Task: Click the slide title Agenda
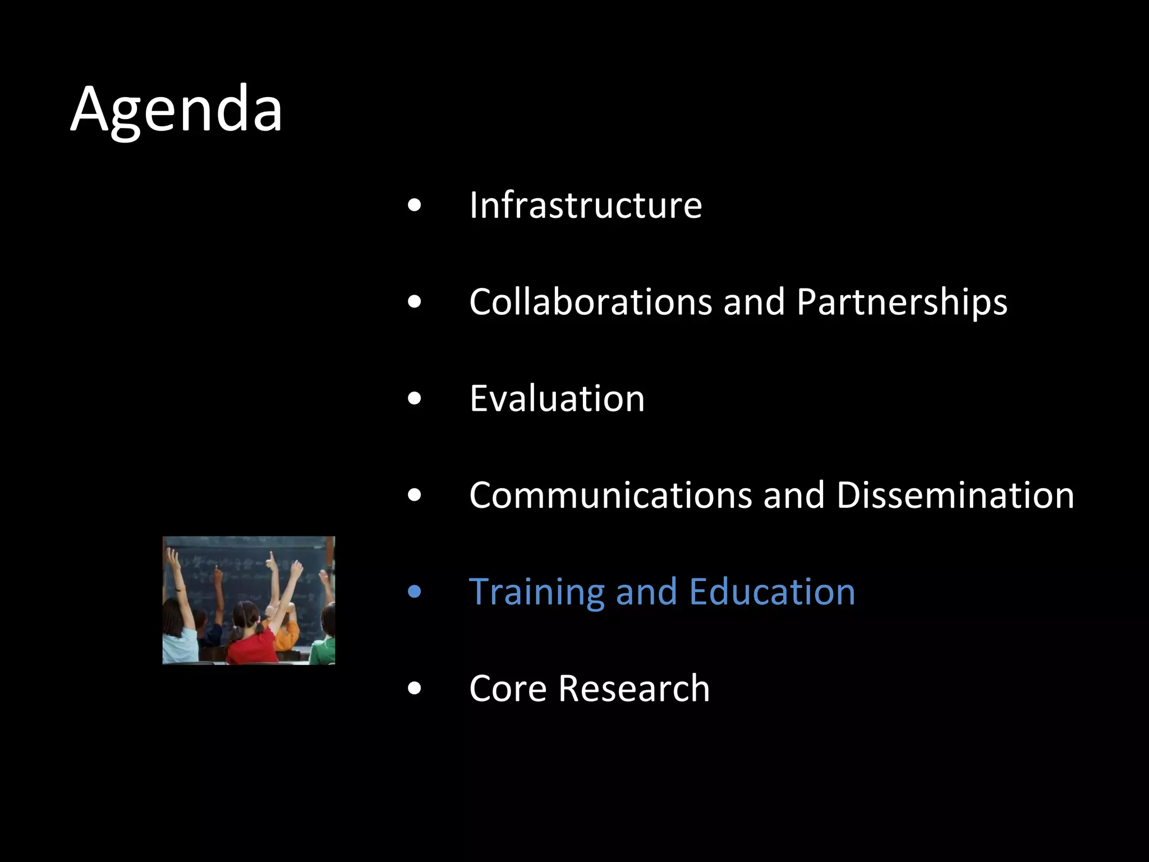176,109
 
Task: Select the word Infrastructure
585,205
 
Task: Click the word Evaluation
557,398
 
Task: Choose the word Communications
610,496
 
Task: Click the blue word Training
536,593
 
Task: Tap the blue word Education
772,592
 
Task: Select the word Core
507,689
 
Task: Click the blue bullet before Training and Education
415,592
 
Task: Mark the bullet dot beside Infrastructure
415,205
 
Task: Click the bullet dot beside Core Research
415,689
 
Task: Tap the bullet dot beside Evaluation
415,399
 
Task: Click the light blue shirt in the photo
180,645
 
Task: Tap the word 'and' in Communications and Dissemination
793,496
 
